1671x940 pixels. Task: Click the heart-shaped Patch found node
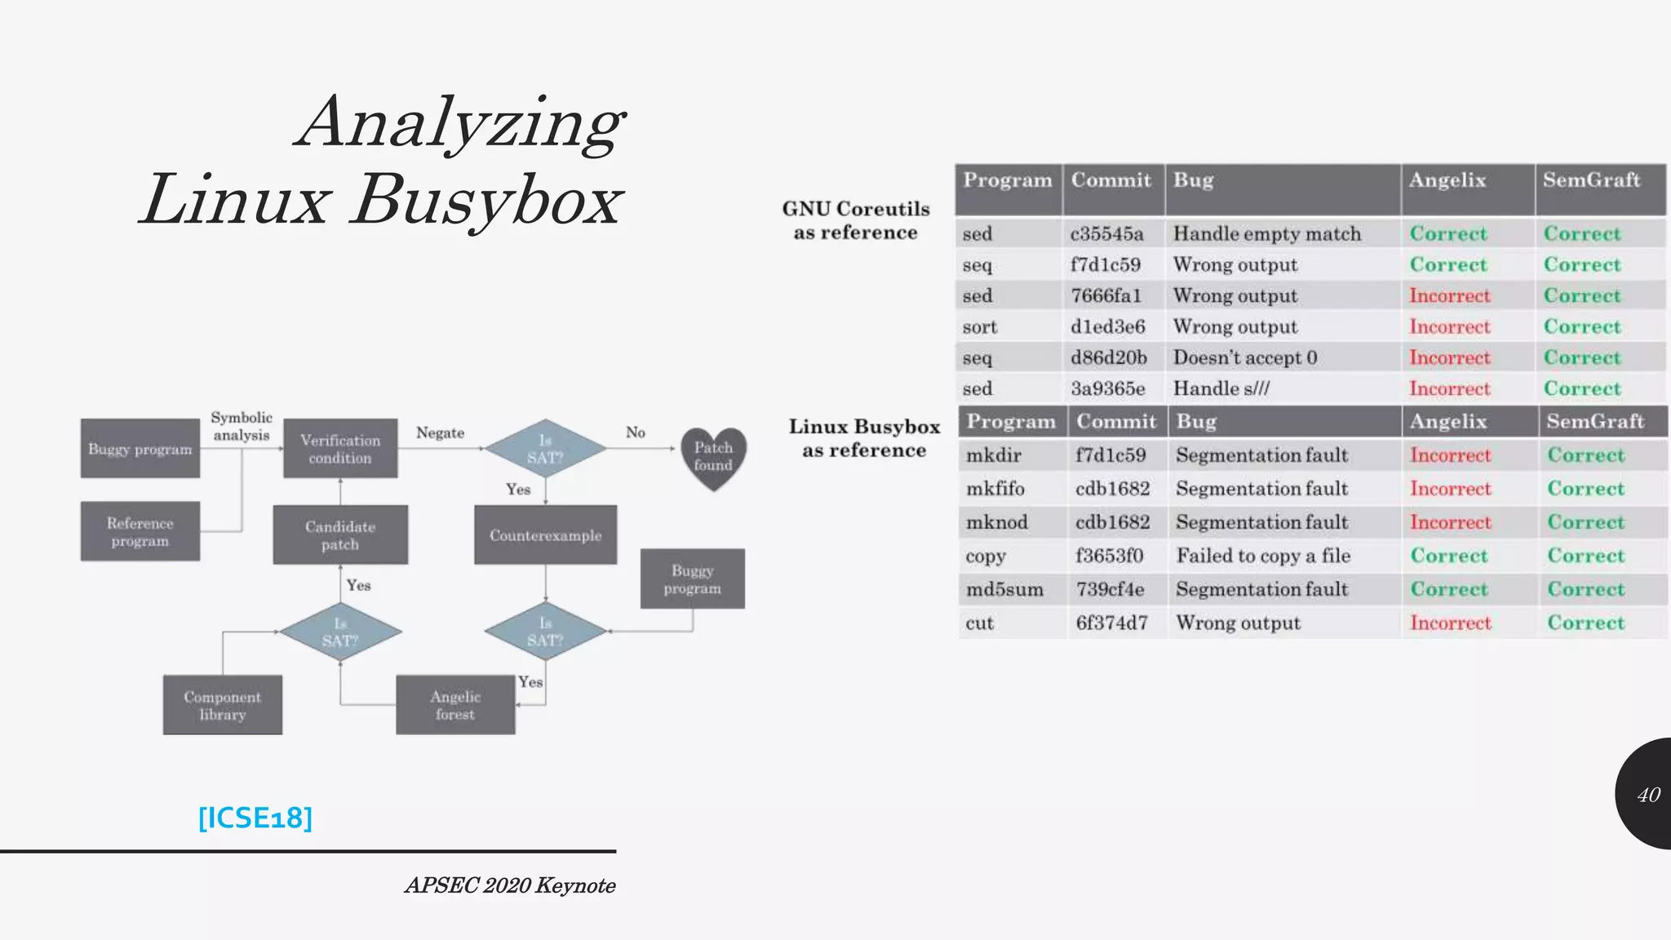click(x=713, y=457)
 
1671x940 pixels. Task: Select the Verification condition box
click(x=340, y=449)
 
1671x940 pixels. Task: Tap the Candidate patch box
click(x=340, y=535)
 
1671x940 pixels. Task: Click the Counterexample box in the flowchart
click(x=545, y=535)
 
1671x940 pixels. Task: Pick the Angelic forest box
click(x=455, y=705)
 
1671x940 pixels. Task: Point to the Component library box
click(x=222, y=705)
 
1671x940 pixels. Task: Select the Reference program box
click(x=140, y=532)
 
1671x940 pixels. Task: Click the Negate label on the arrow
click(x=440, y=432)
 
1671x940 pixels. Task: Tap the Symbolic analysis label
click(x=242, y=426)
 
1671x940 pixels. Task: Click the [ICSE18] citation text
click(x=255, y=818)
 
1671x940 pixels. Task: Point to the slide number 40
click(x=1648, y=795)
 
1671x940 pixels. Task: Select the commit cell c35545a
click(x=1106, y=234)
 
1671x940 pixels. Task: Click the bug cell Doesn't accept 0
click(x=1244, y=357)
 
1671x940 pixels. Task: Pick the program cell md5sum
click(x=1004, y=589)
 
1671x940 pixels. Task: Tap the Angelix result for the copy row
click(x=1449, y=556)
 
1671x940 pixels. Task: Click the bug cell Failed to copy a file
click(x=1263, y=556)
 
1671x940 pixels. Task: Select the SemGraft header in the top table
click(x=1591, y=180)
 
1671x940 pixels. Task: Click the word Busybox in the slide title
click(x=487, y=201)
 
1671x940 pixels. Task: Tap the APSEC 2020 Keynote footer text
click(x=510, y=885)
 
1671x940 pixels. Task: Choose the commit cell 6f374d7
click(x=1111, y=623)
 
